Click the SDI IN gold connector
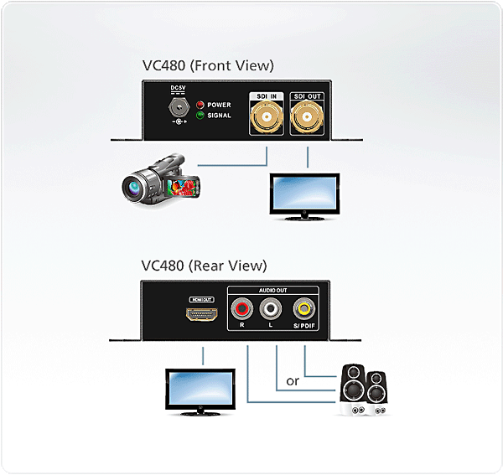click(x=267, y=116)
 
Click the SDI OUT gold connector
click(x=307, y=116)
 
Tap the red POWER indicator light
click(x=200, y=105)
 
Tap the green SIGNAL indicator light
click(x=200, y=116)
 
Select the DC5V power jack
click(x=179, y=107)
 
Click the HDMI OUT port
click(x=202, y=314)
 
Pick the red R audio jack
click(x=241, y=309)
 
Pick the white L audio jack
click(x=271, y=309)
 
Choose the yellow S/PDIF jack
click(x=303, y=309)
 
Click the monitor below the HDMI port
click(x=200, y=392)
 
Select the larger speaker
click(x=353, y=390)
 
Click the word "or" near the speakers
click(x=293, y=381)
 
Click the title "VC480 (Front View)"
click(x=208, y=65)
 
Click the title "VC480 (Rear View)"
click(x=204, y=266)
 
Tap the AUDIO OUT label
click(x=273, y=291)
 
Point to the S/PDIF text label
click(x=304, y=326)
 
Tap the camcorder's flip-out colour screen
click(x=183, y=188)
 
